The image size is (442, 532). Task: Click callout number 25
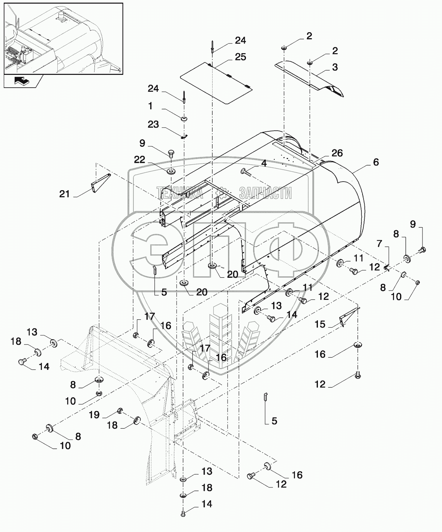[240, 57]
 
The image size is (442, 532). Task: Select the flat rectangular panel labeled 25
[216, 82]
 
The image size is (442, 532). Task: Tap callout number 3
[335, 67]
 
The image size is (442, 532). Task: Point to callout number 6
[376, 162]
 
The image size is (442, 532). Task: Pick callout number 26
[337, 153]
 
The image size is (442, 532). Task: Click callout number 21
[64, 194]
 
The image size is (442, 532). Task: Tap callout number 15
[320, 324]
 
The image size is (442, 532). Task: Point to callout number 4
[264, 164]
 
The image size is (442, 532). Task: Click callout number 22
[139, 160]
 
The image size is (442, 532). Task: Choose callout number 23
[153, 124]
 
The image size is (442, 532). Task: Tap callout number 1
[150, 106]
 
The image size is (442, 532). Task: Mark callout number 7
[379, 244]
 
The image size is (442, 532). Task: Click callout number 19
[94, 415]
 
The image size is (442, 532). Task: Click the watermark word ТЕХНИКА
[180, 193]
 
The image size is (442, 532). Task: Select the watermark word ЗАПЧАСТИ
[265, 193]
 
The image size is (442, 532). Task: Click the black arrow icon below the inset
[22, 80]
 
